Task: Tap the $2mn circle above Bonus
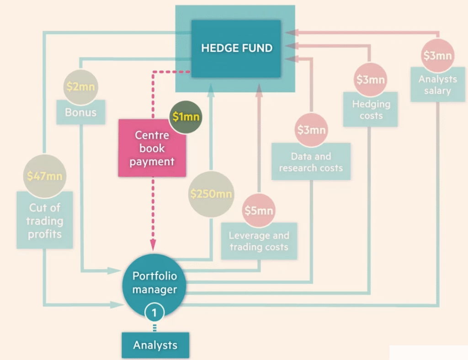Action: [80, 87]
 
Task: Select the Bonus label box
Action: [80, 112]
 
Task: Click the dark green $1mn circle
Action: [186, 116]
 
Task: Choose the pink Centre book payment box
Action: [152, 148]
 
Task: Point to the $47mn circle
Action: [44, 175]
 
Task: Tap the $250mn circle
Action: [211, 194]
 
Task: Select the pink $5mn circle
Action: [259, 210]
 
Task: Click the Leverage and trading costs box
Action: [259, 241]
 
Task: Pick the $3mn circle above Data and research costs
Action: [311, 130]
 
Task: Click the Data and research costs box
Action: [311, 162]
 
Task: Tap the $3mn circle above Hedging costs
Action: [371, 80]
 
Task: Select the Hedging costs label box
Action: [371, 110]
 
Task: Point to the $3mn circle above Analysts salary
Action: [437, 56]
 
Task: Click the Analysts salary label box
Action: [437, 85]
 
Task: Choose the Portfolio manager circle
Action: [154, 283]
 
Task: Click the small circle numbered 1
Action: [154, 312]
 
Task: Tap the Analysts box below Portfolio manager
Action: [155, 345]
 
